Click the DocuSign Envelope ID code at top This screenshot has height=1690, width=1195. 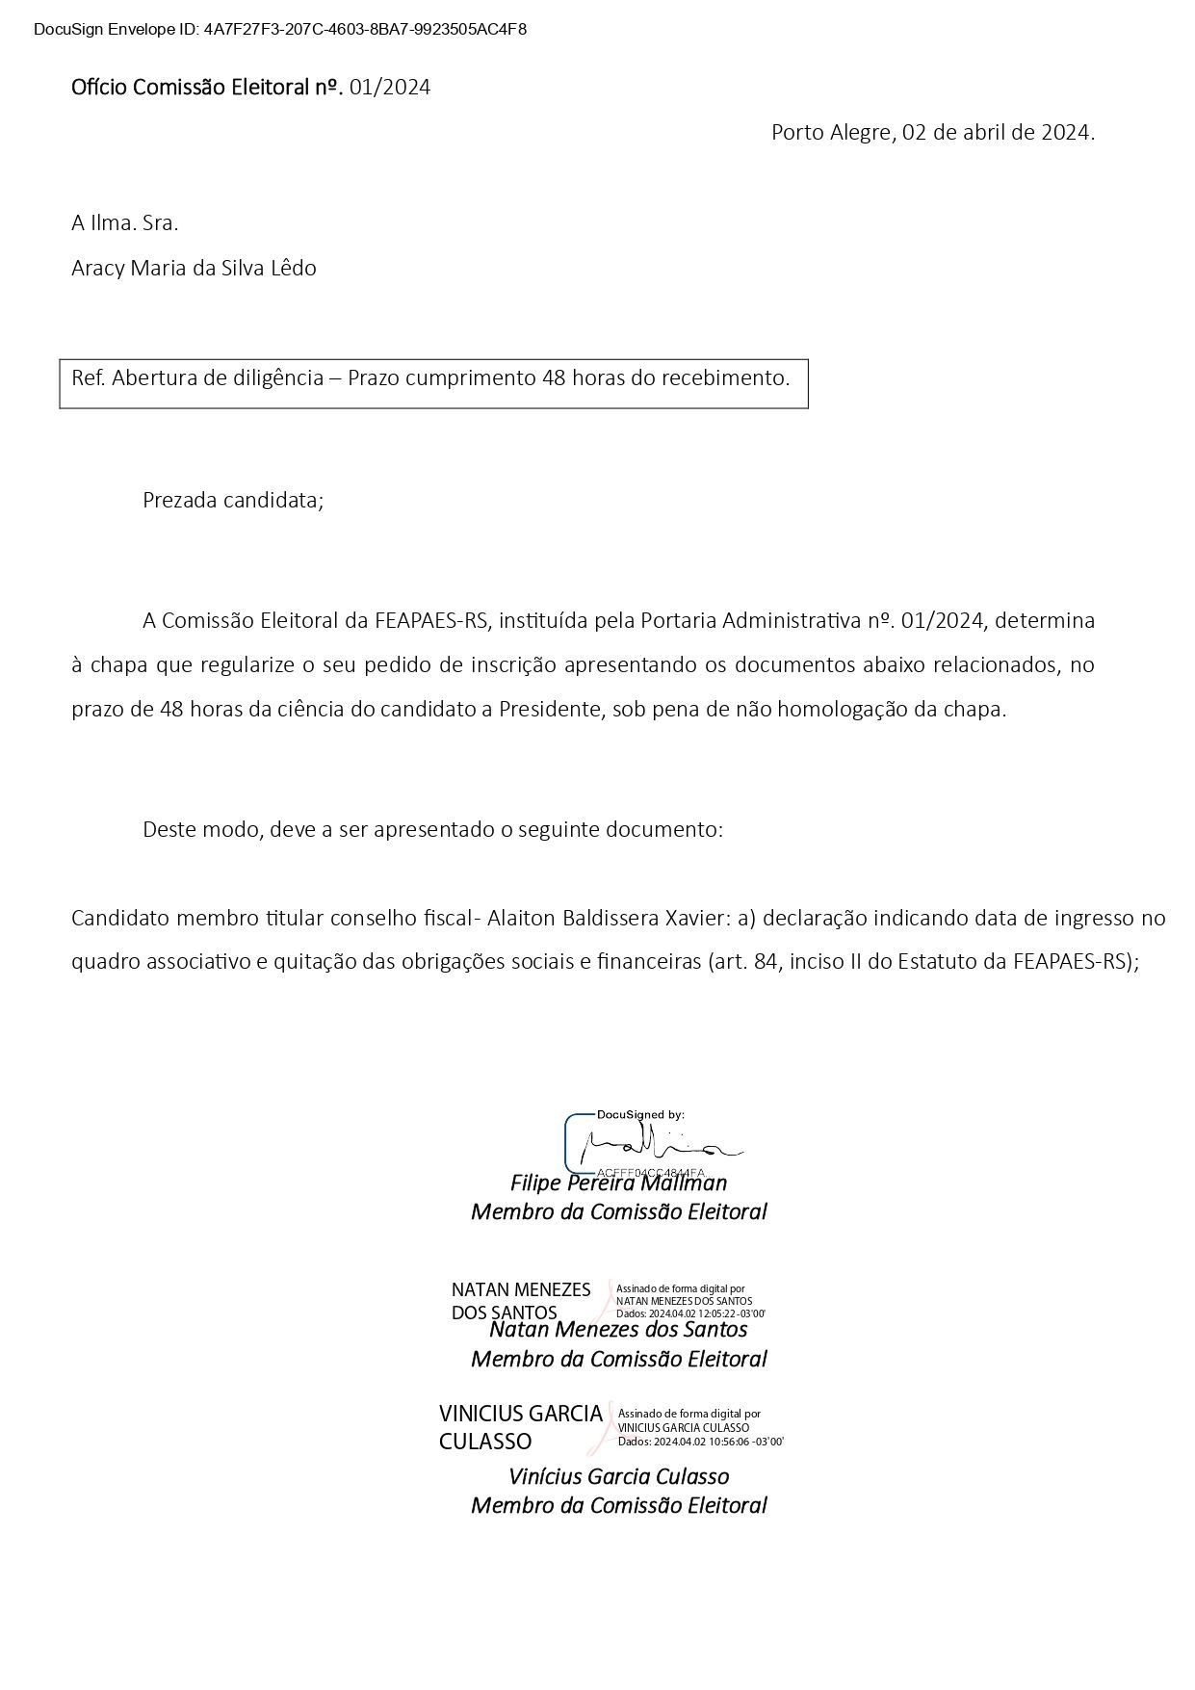pos(365,29)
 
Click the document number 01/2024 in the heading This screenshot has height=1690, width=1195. pos(390,88)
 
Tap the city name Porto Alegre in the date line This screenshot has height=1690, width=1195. pos(832,133)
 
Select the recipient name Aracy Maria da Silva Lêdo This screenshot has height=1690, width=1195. pos(194,268)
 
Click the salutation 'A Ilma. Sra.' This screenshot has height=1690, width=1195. pos(125,223)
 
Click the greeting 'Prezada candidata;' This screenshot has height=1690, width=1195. pos(233,501)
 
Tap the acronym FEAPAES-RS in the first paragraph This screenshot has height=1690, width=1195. pos(431,620)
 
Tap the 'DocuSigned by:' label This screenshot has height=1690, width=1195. pos(640,1114)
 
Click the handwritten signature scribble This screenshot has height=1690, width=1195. pos(655,1146)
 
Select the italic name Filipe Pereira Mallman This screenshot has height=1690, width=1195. pos(618,1183)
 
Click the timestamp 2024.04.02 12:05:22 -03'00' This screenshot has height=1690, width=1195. pos(707,1313)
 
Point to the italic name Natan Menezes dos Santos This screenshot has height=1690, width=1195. pos(618,1330)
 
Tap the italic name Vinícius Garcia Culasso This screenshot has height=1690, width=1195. pos(618,1476)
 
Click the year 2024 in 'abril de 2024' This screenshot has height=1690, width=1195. pos(1065,133)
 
